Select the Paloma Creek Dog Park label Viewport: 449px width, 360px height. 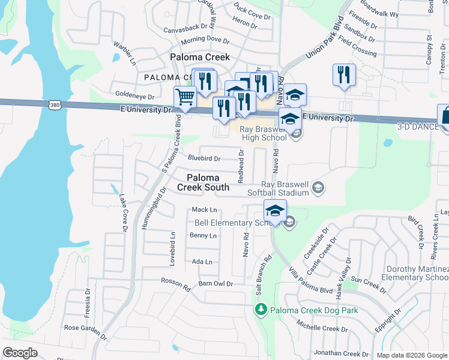coord(306,310)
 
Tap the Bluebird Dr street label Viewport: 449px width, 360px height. coord(204,159)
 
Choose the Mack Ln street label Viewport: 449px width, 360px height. coord(204,209)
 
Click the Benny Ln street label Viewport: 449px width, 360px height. coord(203,236)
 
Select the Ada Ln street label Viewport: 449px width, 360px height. coord(202,262)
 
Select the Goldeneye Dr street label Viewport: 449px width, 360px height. coord(135,95)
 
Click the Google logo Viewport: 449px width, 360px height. coord(20,353)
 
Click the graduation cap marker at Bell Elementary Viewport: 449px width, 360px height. coord(274,211)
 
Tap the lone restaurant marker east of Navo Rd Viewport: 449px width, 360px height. coord(344,75)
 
